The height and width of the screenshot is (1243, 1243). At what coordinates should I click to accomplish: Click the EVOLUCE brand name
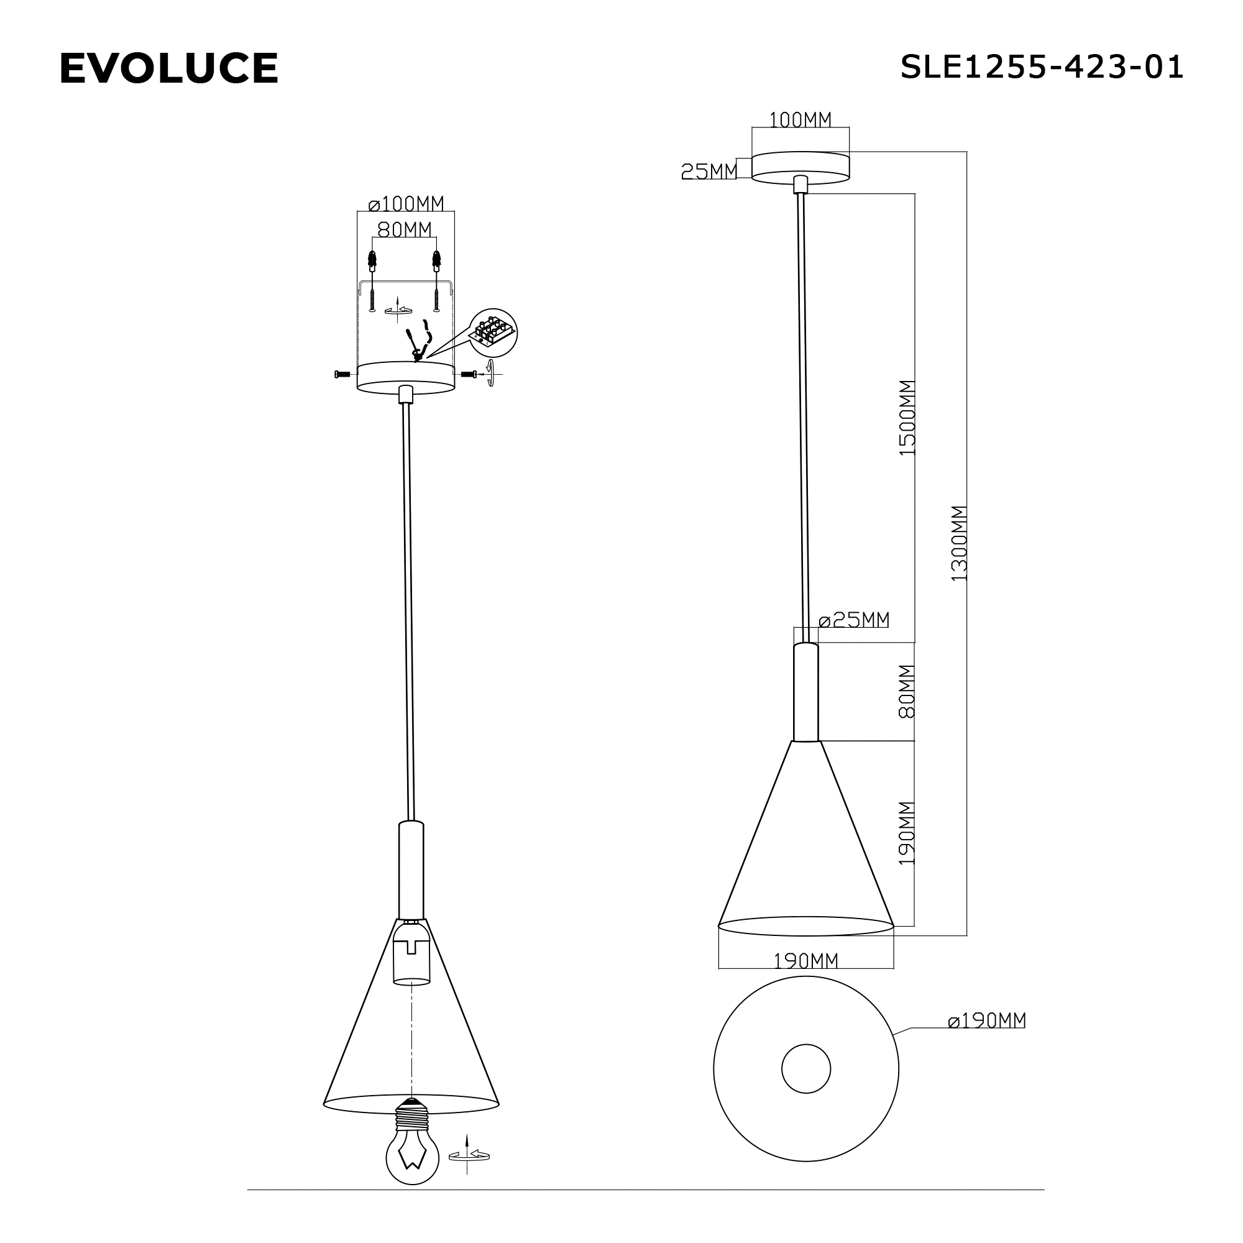click(168, 68)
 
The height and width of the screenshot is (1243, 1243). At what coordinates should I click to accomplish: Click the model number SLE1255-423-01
click(1041, 67)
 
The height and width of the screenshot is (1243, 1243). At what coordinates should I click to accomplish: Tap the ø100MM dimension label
click(406, 204)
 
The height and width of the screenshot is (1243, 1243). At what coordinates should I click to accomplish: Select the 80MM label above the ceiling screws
click(404, 229)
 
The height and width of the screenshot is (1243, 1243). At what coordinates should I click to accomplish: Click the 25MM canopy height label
click(709, 171)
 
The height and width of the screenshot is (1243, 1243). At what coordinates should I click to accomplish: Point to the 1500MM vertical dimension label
click(907, 418)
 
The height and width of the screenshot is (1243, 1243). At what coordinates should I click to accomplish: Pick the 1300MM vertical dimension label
click(958, 544)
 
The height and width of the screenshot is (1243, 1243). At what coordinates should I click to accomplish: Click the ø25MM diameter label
click(854, 620)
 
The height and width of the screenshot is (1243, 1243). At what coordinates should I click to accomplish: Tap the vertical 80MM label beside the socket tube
click(907, 692)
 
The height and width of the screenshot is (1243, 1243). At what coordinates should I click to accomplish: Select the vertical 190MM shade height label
click(907, 833)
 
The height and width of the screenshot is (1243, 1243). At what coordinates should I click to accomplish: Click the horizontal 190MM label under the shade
click(805, 961)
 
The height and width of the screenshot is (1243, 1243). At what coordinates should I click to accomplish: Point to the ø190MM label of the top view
click(986, 1021)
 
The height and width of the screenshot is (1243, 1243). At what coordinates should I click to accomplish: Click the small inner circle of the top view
click(805, 1069)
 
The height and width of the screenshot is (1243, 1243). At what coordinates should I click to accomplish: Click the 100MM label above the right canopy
click(800, 120)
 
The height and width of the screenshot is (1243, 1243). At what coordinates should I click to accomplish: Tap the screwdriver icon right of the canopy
click(492, 373)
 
